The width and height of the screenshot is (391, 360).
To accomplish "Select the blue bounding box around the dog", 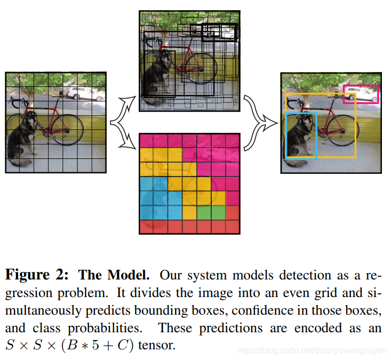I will tap(287, 136).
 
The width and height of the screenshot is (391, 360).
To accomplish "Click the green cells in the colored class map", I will tap(211, 212).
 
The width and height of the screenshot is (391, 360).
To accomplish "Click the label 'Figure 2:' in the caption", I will tap(37, 275).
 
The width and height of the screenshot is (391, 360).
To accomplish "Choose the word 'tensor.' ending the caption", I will tap(156, 345).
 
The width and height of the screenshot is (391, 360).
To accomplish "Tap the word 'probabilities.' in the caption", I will tap(111, 327).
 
